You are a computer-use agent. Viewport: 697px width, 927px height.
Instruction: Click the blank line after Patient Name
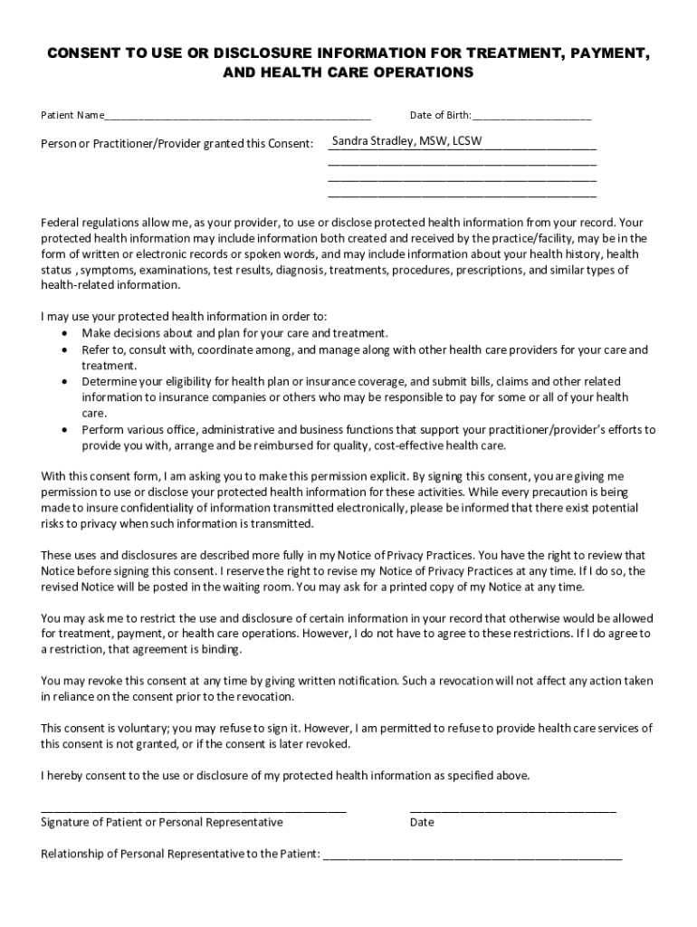pos(237,118)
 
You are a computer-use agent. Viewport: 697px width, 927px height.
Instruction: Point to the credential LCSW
pos(467,141)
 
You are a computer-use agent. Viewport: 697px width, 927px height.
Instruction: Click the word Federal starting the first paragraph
pos(61,222)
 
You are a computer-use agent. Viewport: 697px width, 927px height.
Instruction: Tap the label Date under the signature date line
pos(422,823)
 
